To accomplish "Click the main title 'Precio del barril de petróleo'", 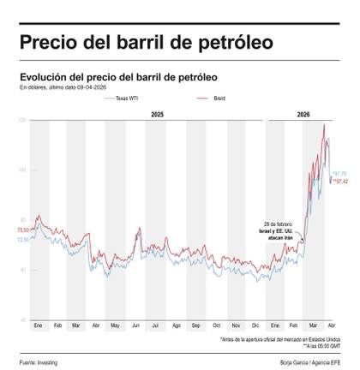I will [146, 42].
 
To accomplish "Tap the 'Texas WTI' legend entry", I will [126, 99].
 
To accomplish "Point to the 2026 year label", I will [304, 114].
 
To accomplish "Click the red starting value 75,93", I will [22, 230].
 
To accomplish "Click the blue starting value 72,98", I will [22, 240].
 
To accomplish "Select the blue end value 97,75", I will [339, 174].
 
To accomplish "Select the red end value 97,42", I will [339, 182].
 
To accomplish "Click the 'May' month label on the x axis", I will [115, 327].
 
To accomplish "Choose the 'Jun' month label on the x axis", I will [135, 327].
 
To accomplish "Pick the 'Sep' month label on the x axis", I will [196, 327].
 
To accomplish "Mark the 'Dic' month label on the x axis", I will [256, 327].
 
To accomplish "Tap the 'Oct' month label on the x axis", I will [216, 327].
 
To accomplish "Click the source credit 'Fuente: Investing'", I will [39, 363].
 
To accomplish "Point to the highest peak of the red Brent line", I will [324, 125].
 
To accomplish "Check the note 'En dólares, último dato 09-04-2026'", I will [64, 87].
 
